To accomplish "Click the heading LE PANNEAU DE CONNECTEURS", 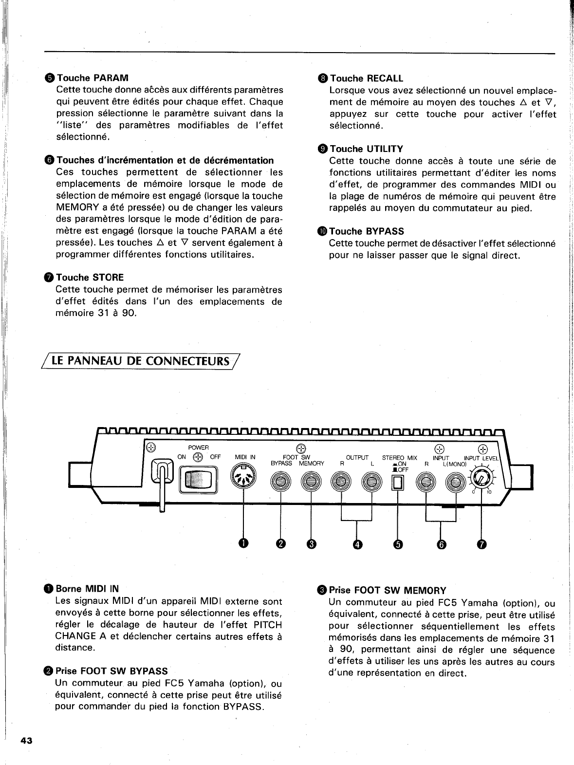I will (141, 361).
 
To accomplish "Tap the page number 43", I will (26, 741).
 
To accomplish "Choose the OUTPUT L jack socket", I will (371, 482).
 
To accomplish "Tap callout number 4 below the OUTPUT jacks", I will (357, 544).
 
